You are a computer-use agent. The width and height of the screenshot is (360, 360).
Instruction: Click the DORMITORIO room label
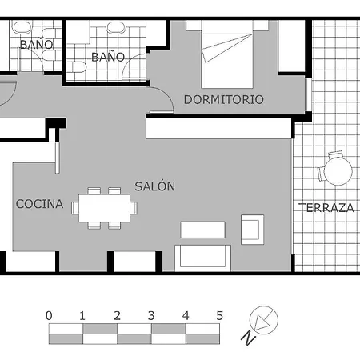pos(223,100)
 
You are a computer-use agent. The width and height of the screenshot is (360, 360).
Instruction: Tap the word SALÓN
pos(154,186)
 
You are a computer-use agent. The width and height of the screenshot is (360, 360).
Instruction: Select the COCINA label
pos(39,204)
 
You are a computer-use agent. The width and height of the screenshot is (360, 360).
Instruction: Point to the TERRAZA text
pos(326,208)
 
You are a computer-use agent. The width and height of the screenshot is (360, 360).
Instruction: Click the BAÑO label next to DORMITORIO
pos(108,57)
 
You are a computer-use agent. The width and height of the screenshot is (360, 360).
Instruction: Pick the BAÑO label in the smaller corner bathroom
pos(36,45)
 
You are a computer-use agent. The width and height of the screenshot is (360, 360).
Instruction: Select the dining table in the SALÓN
pos(105,208)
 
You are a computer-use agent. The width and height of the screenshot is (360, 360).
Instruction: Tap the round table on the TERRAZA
pos(334,170)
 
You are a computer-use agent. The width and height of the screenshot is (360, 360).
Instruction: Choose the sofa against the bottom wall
pos(203,258)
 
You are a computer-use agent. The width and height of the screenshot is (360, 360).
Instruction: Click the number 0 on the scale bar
pos(50,315)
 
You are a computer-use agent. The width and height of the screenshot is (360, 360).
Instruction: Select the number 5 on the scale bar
pos(219,315)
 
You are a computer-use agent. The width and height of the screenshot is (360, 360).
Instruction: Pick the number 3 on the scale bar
pos(151,315)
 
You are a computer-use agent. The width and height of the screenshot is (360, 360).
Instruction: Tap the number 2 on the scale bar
pos(117,315)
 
